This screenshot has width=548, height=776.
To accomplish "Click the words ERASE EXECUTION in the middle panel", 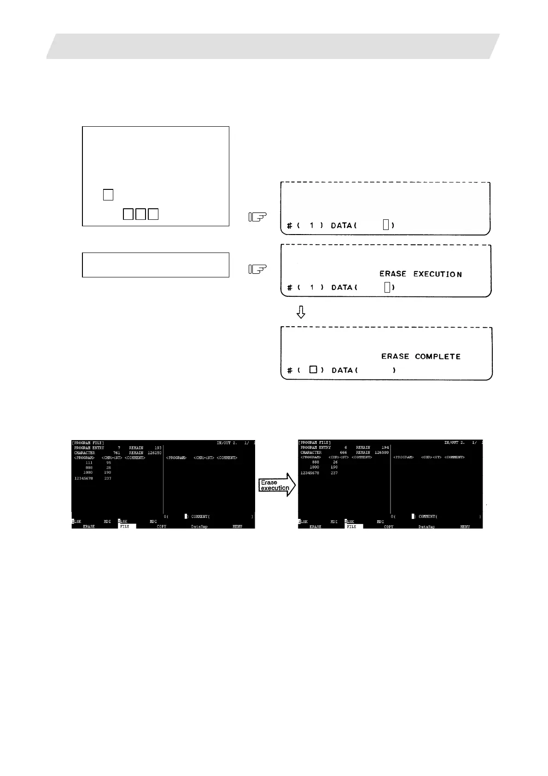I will click(420, 274).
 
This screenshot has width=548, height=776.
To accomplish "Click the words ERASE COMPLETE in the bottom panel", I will click(420, 357).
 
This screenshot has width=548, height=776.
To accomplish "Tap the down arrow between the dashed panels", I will click(301, 312).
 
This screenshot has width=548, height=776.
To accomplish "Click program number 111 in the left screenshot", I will click(89, 463).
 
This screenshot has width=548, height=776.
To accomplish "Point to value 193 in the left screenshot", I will click(157, 448).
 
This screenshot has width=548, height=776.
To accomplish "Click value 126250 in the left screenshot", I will click(154, 453).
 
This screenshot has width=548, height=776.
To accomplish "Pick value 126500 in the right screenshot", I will click(381, 453).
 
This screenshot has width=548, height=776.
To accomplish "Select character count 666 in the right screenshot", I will click(343, 453).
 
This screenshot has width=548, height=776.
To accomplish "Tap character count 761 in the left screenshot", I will click(117, 453).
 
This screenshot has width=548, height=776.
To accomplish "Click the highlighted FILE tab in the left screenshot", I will click(125, 526).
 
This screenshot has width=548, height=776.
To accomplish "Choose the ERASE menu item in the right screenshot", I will click(315, 526).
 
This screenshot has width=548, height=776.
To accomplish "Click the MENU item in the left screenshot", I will click(237, 526).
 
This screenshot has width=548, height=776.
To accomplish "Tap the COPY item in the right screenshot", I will click(389, 526).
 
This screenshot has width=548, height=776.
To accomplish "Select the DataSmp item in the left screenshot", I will click(199, 526).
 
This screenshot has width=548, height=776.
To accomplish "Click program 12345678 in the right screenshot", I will click(309, 473).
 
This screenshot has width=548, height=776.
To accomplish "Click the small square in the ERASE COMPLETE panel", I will click(313, 370).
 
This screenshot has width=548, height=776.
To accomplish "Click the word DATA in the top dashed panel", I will click(341, 225).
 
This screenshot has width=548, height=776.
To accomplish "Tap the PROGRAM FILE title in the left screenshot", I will click(88, 443).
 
